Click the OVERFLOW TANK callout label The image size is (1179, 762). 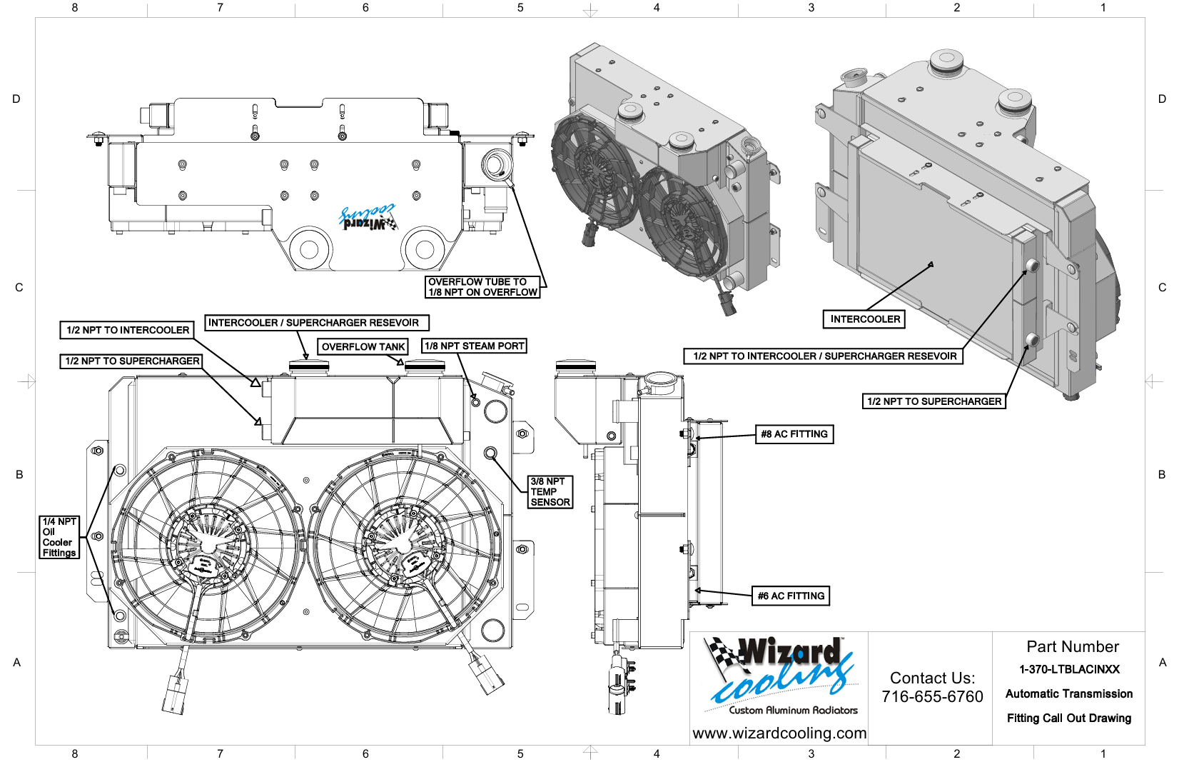coord(363,347)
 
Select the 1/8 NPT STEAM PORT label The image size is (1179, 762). coord(475,346)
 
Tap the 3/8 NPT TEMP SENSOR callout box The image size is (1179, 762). coord(550,492)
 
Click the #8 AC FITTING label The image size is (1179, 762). coord(794,434)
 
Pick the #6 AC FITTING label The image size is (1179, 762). coord(791,596)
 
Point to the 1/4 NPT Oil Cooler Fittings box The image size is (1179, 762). coord(59,537)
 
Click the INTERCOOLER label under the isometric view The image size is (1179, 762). coord(865,319)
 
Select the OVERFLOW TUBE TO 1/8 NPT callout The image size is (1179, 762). coord(482,287)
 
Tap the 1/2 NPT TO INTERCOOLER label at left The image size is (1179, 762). coord(127,330)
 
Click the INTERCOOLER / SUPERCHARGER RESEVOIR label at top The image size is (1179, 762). coord(317,323)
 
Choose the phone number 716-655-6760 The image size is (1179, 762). coord(932,696)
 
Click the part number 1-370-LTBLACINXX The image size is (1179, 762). coord(1069,670)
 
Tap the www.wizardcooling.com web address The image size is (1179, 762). coord(779,733)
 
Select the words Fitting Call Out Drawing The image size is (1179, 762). coord(1069,718)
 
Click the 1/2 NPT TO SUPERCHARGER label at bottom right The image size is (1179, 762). coord(934,401)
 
